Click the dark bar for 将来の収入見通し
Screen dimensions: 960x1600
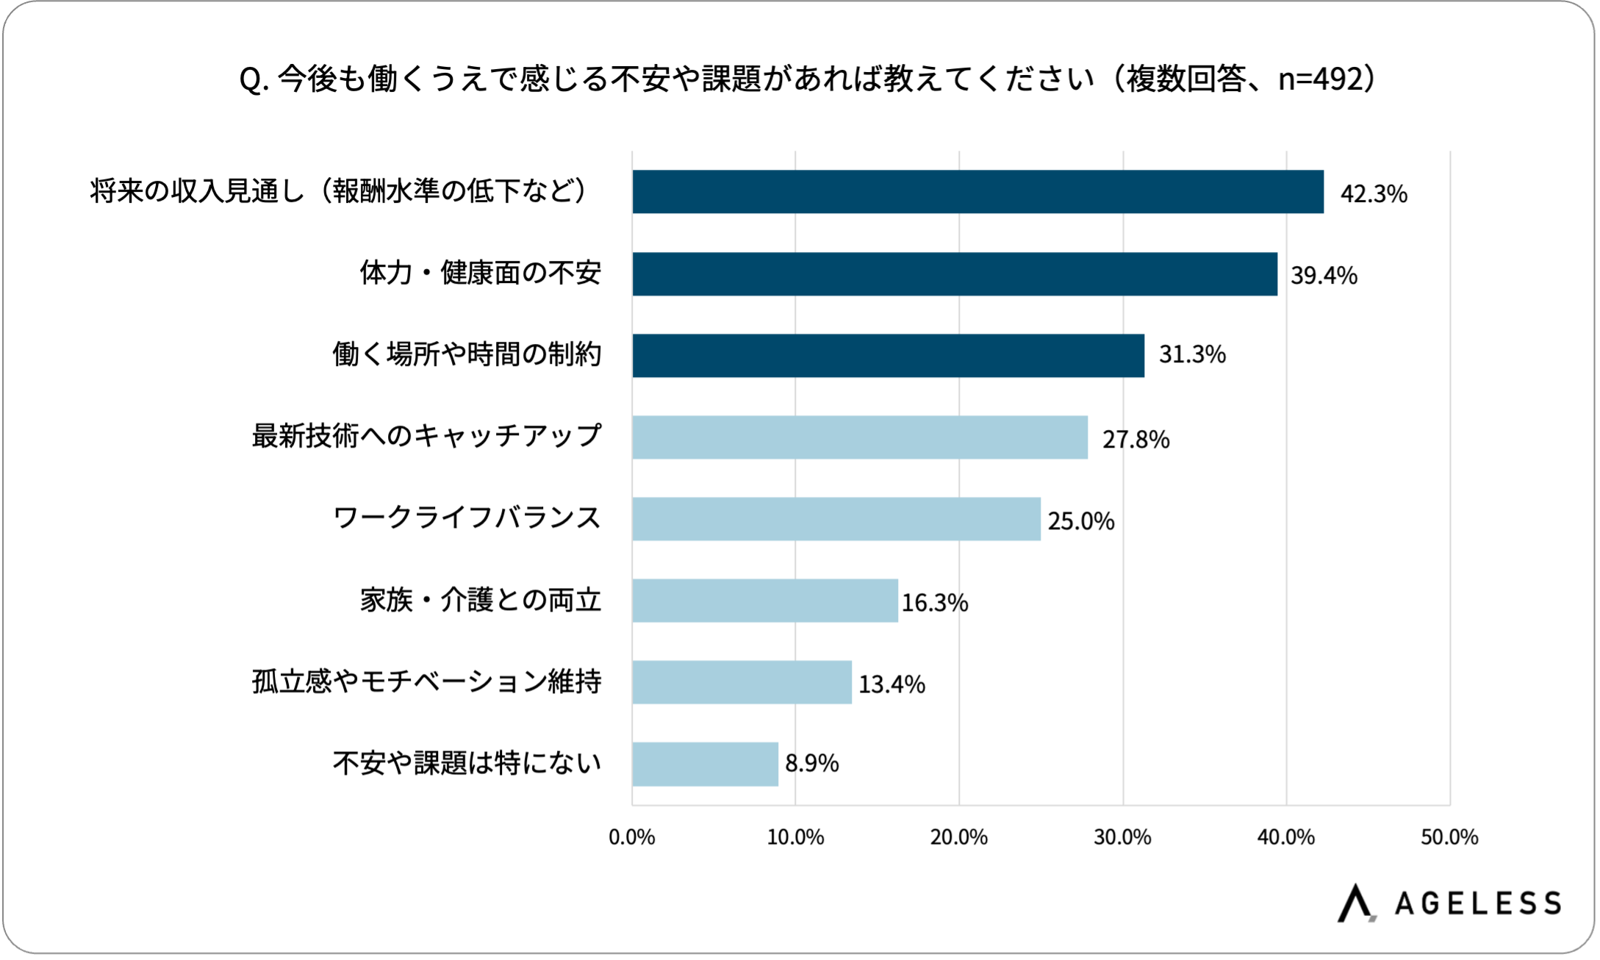[977, 192]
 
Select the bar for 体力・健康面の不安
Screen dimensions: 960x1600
[954, 274]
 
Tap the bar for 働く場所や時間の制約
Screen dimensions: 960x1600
[888, 356]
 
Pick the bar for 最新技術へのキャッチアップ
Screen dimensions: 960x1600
[859, 437]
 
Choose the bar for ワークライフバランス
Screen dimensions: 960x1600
[836, 519]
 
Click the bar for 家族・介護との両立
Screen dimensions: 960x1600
[764, 601]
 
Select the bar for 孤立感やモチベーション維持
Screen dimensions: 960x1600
[741, 682]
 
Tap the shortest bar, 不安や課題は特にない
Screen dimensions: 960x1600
[704, 764]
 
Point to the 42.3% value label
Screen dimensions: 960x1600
[1373, 193]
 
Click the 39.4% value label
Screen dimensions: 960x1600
[1324, 275]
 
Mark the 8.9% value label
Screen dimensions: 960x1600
[811, 763]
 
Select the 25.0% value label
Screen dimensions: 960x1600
[1080, 520]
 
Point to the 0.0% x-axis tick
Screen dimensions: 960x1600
[631, 837]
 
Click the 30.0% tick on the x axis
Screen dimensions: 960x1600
[1122, 837]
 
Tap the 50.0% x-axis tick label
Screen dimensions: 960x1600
[1449, 837]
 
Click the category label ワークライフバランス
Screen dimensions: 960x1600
[467, 518]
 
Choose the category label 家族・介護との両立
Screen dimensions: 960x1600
[481, 601]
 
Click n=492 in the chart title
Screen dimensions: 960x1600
[1321, 79]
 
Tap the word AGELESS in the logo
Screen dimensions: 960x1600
[1477, 903]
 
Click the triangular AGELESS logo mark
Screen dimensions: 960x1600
[1355, 903]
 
